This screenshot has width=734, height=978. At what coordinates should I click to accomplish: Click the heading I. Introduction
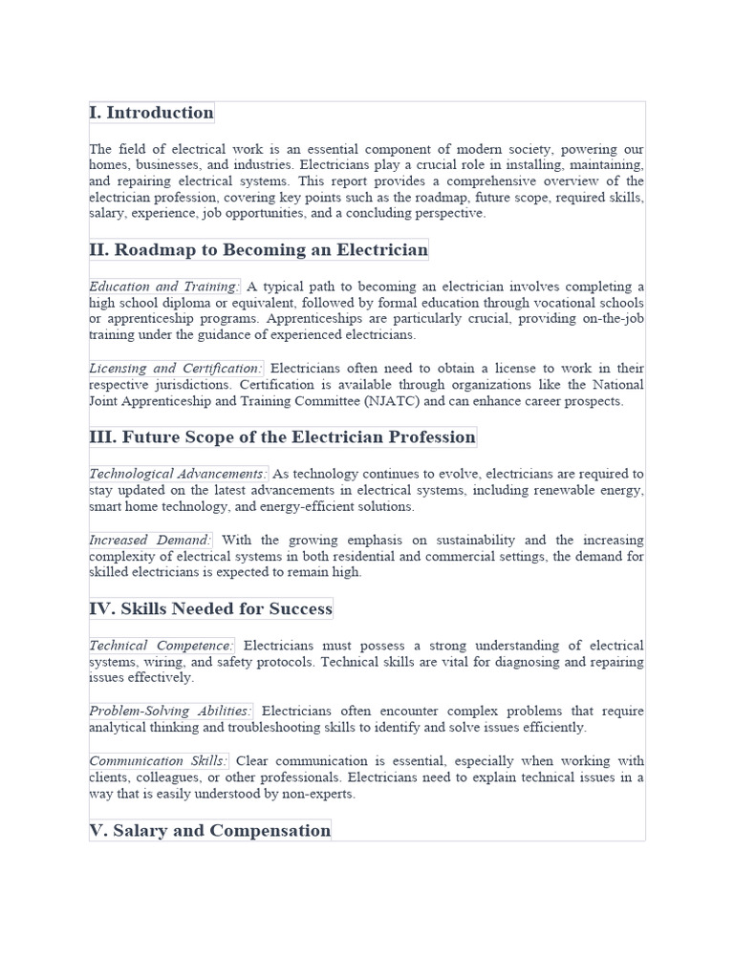point(152,113)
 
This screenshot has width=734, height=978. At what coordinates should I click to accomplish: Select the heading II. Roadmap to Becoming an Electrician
point(258,250)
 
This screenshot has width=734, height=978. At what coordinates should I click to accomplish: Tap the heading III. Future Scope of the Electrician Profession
point(282,437)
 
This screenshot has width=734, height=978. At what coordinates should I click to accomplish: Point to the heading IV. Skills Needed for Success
point(211,609)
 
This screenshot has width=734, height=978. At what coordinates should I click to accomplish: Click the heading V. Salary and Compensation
point(209,831)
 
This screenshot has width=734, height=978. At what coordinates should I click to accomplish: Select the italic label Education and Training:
point(163,287)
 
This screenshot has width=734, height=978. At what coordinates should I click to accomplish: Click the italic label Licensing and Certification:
point(176,369)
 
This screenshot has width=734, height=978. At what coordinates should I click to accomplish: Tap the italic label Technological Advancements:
point(178,474)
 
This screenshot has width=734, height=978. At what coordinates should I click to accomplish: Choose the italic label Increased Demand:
point(150,541)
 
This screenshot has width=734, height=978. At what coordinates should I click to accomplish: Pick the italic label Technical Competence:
point(162,646)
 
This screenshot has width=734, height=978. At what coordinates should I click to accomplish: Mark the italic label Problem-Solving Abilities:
point(171,712)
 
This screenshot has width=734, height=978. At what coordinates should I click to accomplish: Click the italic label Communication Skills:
point(159,761)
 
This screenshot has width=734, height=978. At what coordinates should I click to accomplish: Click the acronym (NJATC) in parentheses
point(389,402)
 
